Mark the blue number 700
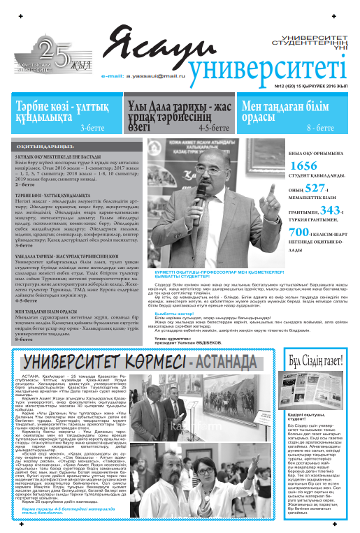298,232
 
